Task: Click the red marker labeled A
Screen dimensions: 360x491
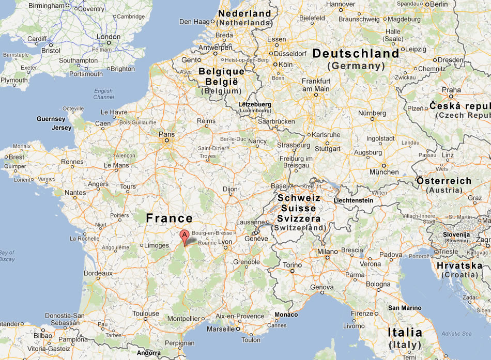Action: tap(184, 237)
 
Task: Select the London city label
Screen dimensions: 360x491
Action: tap(109, 37)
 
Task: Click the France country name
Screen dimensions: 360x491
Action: tap(169, 218)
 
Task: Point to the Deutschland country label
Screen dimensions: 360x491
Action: tap(356, 53)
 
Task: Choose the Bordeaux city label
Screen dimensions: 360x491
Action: tap(98, 273)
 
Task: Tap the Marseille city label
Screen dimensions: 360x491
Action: tap(219, 329)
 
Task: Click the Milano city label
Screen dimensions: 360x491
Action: tap(327, 251)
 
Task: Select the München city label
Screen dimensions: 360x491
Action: tap(384, 172)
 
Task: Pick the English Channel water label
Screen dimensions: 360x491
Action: tap(103, 94)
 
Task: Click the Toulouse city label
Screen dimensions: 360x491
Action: tap(145, 314)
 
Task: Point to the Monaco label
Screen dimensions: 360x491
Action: tap(286, 315)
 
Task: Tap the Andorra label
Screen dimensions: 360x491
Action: tap(148, 353)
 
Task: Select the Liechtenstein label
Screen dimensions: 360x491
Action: tap(354, 200)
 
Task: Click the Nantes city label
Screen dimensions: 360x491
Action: tap(75, 193)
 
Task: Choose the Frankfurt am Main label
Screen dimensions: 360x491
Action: tap(316, 85)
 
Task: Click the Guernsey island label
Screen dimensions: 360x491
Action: tap(51, 119)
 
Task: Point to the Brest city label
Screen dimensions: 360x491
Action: tap(16, 157)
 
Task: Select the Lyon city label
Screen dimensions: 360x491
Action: tap(225, 242)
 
